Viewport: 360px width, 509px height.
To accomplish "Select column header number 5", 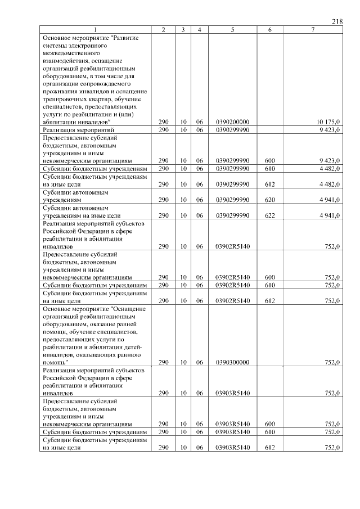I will [x=232, y=30].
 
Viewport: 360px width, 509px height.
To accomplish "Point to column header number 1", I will [x=95, y=30].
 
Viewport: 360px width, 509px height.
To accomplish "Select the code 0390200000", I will [x=232, y=121].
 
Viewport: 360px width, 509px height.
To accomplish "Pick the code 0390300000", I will [x=232, y=363].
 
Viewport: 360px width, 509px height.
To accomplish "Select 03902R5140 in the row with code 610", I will [x=232, y=285].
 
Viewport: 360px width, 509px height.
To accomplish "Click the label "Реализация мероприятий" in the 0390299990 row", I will [x=75, y=129].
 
